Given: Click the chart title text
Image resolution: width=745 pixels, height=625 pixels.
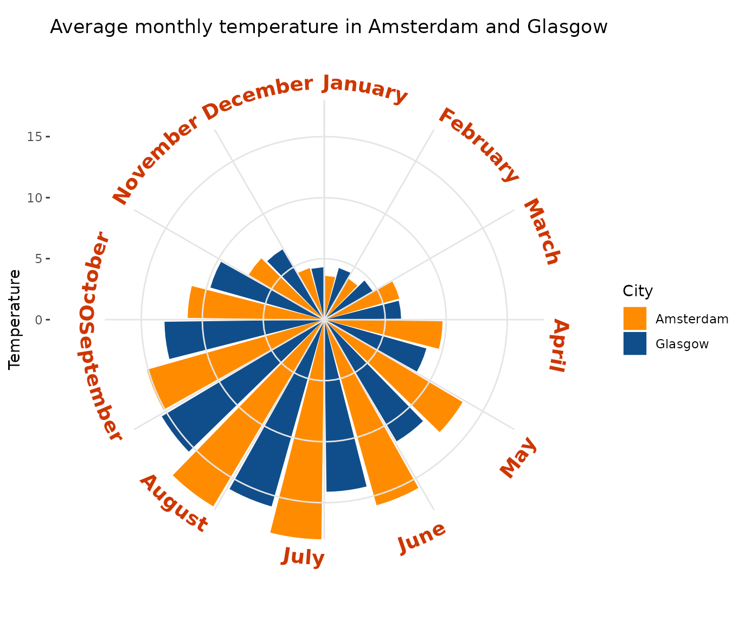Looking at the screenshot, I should [329, 27].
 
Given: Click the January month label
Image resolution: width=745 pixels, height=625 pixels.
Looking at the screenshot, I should [364, 90].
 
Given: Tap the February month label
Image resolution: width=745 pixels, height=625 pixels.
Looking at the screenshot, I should [478, 144].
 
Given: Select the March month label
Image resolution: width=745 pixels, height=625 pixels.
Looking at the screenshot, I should [541, 232].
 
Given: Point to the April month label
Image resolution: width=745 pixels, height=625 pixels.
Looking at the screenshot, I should [560, 346].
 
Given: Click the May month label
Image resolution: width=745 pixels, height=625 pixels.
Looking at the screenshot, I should [518, 458].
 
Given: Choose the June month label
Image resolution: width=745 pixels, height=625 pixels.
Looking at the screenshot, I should [422, 538].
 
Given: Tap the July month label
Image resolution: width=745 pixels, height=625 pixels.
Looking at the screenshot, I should [303, 557].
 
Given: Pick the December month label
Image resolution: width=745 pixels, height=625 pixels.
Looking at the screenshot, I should [258, 98].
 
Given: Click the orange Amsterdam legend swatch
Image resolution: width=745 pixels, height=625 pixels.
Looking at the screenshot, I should [634, 318].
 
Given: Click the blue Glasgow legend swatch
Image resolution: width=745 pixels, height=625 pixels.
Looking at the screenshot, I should [634, 343].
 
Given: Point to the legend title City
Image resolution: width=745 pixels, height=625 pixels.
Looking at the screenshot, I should [637, 291].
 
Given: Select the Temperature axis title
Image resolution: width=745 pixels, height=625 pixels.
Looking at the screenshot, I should [15, 320].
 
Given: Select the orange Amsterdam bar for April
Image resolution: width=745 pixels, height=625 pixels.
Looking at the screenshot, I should [418, 332].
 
